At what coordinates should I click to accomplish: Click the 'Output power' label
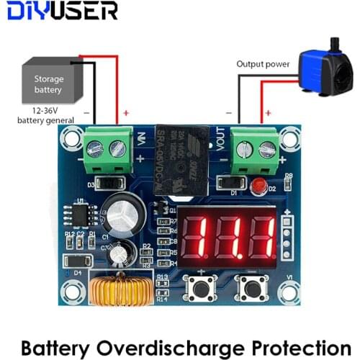click(x=263, y=64)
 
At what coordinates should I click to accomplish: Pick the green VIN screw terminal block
click(x=106, y=150)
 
